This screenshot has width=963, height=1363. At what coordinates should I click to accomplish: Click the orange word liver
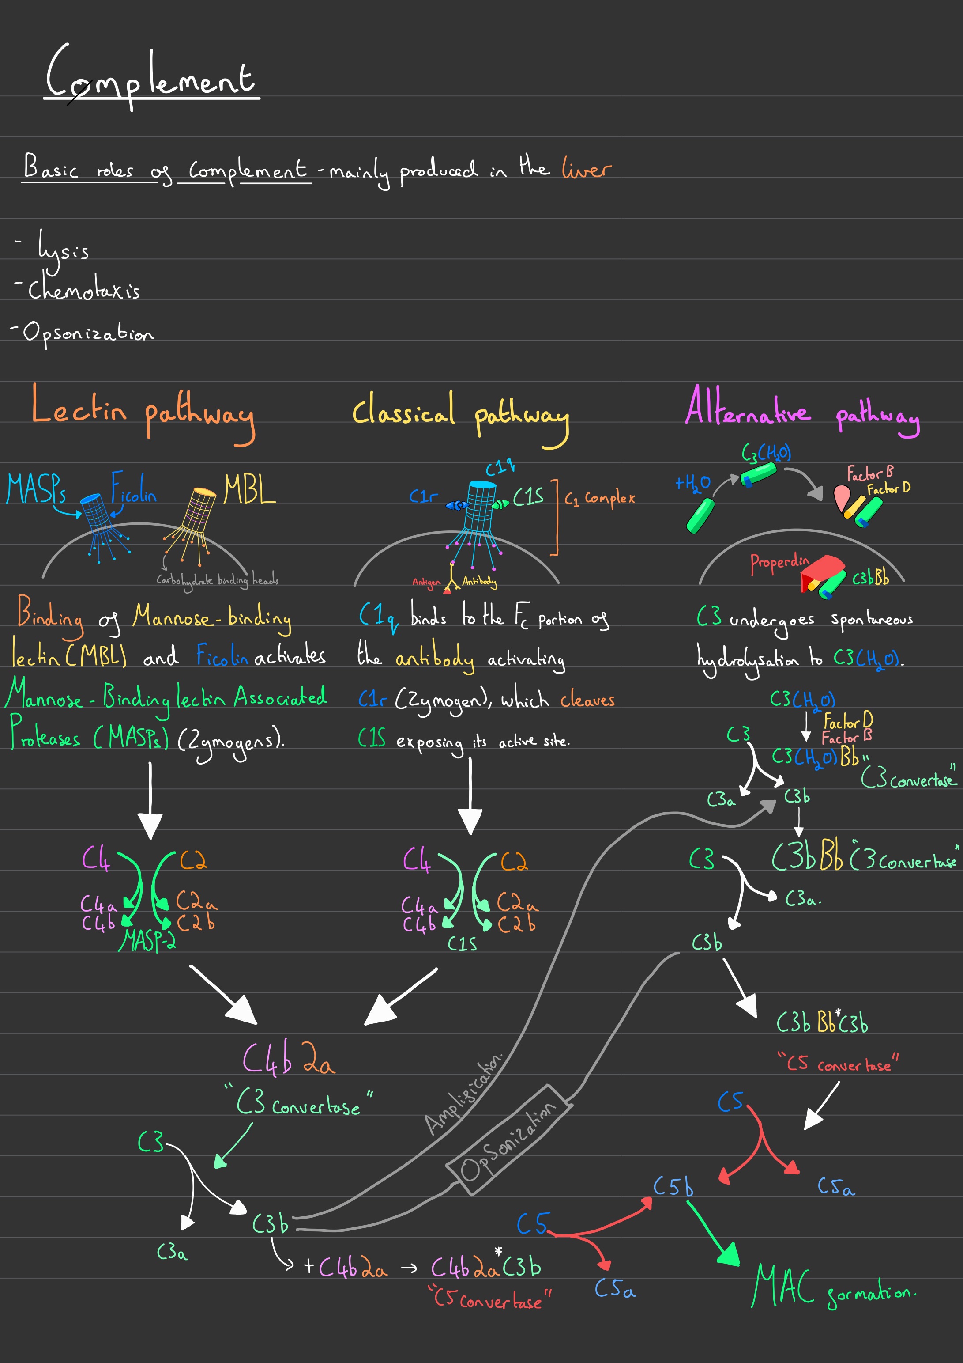(586, 169)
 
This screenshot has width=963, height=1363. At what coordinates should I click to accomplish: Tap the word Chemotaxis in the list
(84, 290)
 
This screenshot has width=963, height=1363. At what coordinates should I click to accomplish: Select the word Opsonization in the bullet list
(88, 333)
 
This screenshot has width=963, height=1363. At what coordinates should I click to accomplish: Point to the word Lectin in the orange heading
(79, 407)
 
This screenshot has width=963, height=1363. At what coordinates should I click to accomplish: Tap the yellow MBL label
(249, 490)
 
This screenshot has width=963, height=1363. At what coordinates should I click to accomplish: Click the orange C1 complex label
(599, 499)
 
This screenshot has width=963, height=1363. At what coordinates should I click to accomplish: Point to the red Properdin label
(779, 563)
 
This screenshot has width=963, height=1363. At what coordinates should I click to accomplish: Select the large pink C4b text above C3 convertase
(267, 1058)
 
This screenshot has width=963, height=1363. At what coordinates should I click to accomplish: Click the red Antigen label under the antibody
(426, 583)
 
